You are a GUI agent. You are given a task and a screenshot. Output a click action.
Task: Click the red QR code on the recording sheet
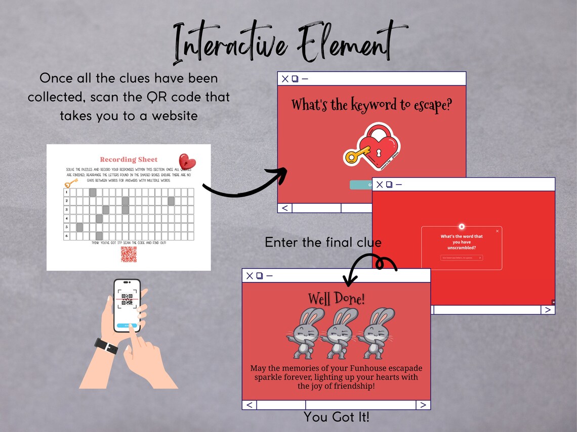[129, 254]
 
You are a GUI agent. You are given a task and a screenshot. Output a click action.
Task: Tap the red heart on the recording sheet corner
[187, 162]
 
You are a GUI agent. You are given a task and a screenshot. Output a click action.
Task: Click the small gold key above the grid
[71, 182]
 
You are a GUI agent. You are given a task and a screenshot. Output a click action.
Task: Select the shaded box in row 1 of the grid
[93, 192]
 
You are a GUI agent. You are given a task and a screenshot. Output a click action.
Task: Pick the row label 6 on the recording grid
[66, 236]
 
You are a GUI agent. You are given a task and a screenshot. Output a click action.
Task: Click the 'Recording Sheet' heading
[129, 159]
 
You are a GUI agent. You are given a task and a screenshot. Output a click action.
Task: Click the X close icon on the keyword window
[285, 79]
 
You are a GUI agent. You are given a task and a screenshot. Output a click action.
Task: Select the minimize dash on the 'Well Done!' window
[269, 275]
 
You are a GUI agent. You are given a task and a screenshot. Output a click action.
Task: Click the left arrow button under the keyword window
[285, 208]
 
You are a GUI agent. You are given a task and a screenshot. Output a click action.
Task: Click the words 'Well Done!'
[336, 299]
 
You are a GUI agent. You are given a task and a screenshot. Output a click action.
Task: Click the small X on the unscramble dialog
[497, 231]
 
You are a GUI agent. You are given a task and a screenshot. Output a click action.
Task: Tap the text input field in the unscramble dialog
[461, 258]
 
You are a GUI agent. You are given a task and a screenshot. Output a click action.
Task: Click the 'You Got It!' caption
[336, 417]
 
